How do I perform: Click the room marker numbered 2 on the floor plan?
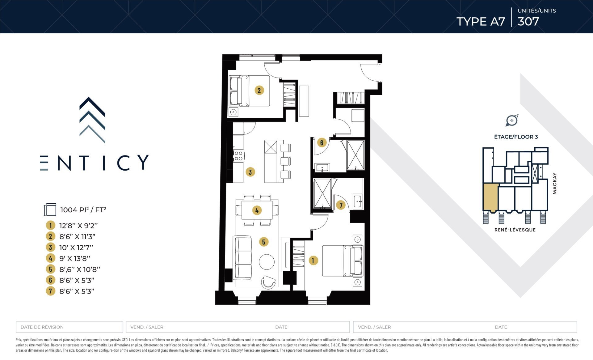click(259, 90)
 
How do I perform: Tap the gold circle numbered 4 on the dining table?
click(257, 210)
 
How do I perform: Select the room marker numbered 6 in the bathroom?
click(322, 142)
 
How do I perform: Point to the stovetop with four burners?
click(238, 155)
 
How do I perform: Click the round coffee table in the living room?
click(267, 262)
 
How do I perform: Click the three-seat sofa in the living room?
click(242, 257)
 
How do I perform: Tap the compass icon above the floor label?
click(512, 120)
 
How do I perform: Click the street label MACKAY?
click(555, 183)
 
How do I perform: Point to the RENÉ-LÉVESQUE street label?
click(515, 230)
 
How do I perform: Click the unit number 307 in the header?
click(528, 21)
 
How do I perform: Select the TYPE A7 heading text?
click(481, 21)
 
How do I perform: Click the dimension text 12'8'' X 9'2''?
click(78, 226)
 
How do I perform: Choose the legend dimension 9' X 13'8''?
click(75, 258)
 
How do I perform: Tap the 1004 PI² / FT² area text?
click(83, 210)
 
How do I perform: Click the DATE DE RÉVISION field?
click(69, 327)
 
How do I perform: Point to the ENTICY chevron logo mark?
click(92, 120)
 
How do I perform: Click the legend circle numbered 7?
click(50, 291)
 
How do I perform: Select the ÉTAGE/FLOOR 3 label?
click(516, 137)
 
